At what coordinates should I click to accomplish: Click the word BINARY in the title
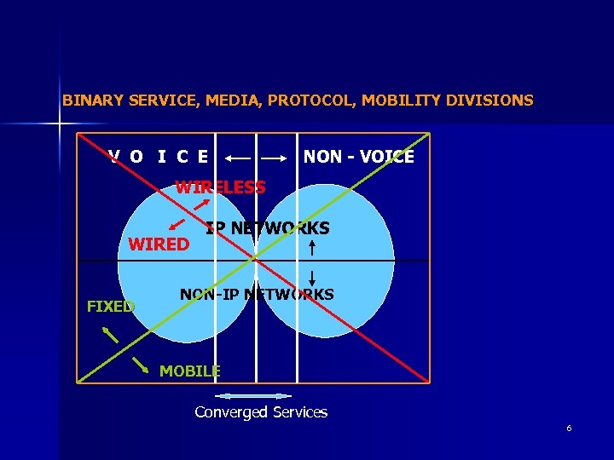click(93, 101)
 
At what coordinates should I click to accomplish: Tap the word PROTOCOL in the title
click(311, 101)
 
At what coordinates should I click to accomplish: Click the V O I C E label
click(159, 157)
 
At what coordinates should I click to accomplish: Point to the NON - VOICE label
click(358, 157)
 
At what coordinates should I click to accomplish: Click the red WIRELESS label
click(220, 187)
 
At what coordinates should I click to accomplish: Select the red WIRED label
click(159, 244)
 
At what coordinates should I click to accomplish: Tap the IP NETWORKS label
click(268, 228)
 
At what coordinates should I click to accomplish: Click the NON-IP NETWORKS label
click(257, 295)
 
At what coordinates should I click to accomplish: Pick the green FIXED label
click(111, 307)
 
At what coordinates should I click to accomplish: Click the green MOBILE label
click(189, 371)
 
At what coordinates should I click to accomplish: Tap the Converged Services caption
click(261, 412)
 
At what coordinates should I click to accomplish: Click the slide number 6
click(569, 428)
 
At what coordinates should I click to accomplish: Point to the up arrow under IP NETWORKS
click(313, 248)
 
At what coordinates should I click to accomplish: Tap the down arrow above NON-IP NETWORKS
click(313, 278)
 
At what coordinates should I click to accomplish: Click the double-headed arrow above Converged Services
click(253, 396)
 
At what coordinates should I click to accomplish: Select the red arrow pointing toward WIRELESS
click(202, 204)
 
